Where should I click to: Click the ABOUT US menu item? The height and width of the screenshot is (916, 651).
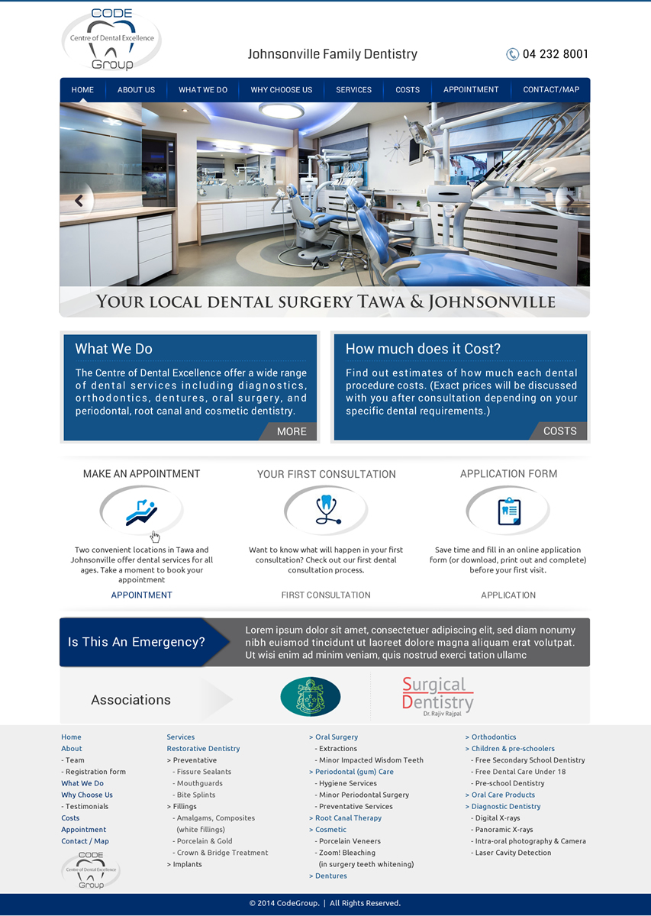click(x=136, y=90)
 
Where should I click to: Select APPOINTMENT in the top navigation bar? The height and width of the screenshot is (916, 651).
click(x=471, y=90)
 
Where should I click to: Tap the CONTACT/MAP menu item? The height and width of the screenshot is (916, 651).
click(x=551, y=90)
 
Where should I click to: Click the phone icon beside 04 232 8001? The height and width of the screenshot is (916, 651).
click(x=512, y=54)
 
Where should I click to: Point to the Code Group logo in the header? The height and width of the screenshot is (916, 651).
click(x=111, y=40)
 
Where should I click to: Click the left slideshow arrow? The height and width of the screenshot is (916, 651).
click(x=78, y=201)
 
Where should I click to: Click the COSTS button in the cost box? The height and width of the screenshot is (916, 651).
click(x=559, y=431)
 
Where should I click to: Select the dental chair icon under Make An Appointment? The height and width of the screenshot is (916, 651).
click(x=141, y=511)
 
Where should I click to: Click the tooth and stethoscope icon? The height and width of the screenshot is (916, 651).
click(x=326, y=510)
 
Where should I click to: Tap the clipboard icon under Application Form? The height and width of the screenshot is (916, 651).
click(x=508, y=511)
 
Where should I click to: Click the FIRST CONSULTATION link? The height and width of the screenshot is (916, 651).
click(x=326, y=595)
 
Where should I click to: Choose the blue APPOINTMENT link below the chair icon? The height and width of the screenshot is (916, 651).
click(x=142, y=595)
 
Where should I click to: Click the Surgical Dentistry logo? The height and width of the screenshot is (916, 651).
click(x=437, y=695)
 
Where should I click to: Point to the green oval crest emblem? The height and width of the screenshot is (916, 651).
click(x=311, y=696)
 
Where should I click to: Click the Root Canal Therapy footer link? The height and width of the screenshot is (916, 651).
click(x=348, y=818)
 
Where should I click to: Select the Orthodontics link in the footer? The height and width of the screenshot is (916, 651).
click(x=493, y=737)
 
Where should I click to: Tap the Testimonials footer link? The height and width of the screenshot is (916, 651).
click(x=87, y=807)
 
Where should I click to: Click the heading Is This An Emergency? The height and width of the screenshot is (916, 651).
click(x=137, y=643)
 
